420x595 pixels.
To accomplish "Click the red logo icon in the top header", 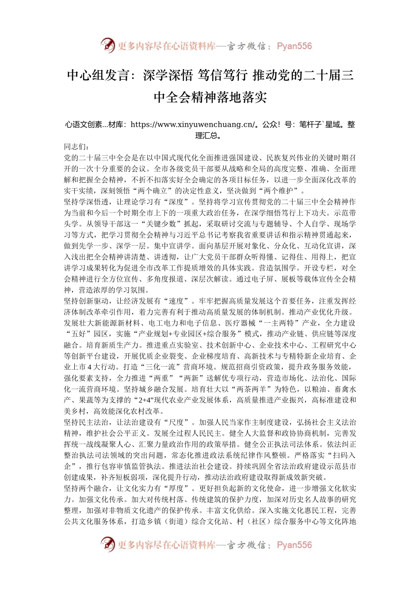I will tap(107, 46).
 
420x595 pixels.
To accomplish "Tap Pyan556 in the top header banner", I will tap(294, 46).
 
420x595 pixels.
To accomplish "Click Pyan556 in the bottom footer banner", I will tap(294, 545).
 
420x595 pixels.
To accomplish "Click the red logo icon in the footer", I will tap(107, 545).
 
